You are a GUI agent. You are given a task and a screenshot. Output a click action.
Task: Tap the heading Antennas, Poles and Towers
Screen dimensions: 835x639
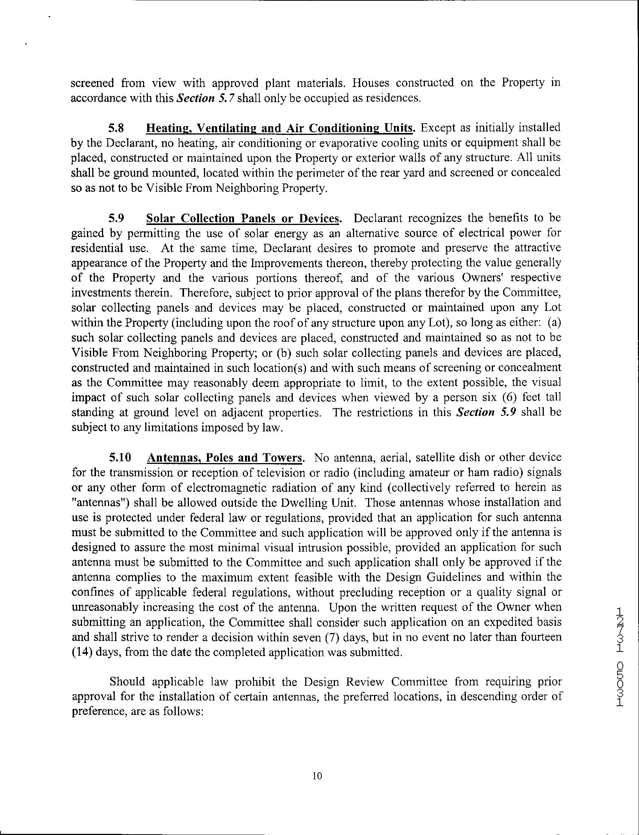click(225, 458)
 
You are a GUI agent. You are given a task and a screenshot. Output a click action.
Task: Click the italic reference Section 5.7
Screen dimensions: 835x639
click(206, 98)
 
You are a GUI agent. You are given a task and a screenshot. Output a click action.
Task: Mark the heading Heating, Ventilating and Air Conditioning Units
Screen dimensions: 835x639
click(280, 128)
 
